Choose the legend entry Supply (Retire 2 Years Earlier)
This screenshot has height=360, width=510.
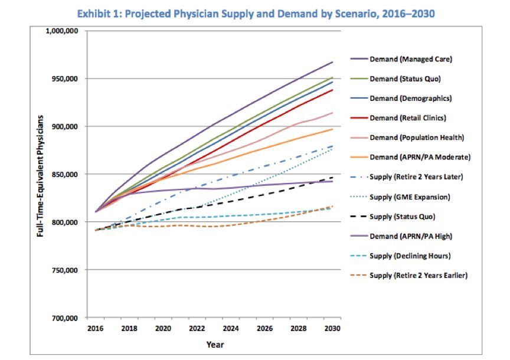point(419,275)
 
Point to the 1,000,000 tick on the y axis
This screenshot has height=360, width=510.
point(63,31)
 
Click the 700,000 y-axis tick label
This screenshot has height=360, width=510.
point(67,318)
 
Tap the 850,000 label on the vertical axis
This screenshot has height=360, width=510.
point(67,175)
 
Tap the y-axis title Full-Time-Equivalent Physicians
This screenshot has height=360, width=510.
point(40,175)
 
